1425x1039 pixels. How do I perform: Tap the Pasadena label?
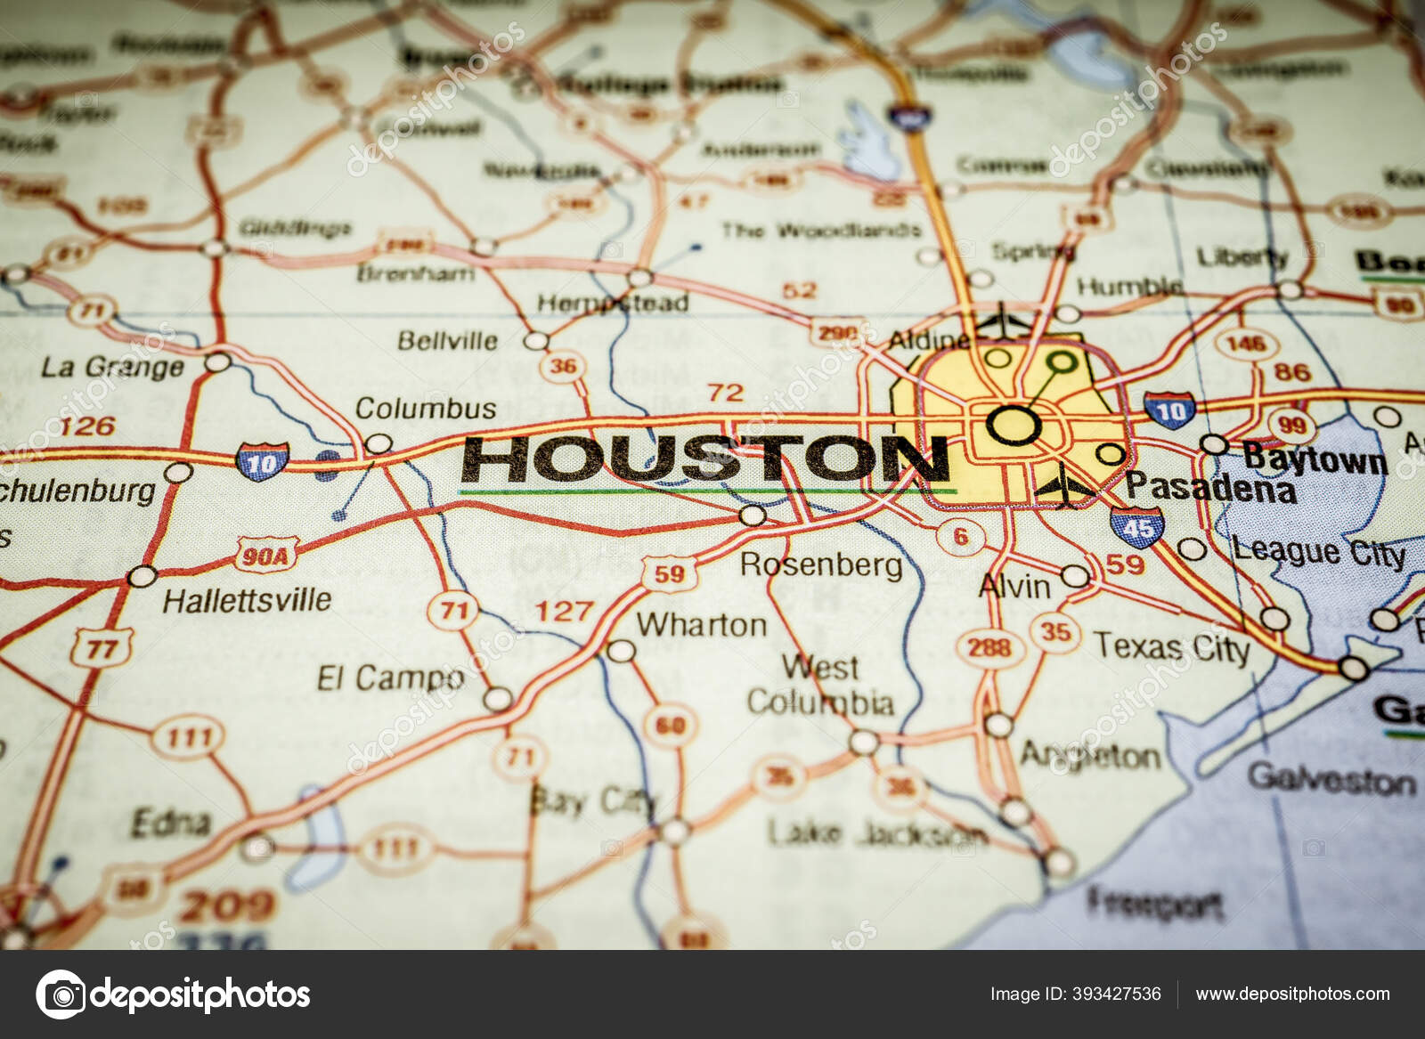[x=1210, y=487]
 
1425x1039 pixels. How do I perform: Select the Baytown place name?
[x=1315, y=459]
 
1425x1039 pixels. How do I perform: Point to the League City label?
[x=1319, y=552]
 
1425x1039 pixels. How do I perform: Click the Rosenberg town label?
[x=821, y=564]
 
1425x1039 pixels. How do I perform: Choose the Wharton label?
[x=701, y=625]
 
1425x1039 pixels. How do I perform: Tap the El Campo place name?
[x=391, y=678]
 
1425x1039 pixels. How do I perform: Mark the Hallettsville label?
[x=247, y=600]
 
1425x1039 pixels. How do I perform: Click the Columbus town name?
[x=426, y=408]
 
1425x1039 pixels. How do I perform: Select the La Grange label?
[x=112, y=367]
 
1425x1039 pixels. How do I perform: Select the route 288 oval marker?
[x=989, y=647]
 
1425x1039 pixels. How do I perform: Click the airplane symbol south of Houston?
[x=1064, y=487]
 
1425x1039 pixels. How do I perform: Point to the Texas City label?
[x=1171, y=647]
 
